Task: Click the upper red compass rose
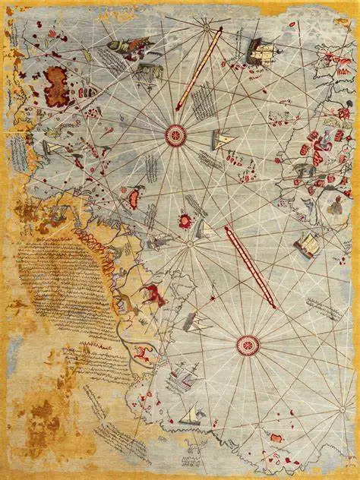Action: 176,135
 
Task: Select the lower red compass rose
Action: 248,346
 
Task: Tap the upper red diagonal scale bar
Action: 199,68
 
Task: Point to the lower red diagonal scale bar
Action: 250,267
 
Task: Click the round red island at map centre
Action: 185,221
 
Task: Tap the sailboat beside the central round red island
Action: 204,228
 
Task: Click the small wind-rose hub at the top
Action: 206,26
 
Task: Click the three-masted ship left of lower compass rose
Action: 185,377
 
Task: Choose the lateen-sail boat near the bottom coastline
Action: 190,415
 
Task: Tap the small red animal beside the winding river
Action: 140,352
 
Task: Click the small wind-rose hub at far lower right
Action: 334,410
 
